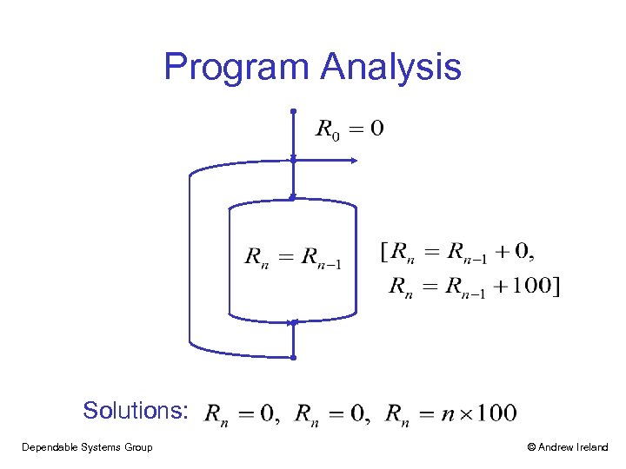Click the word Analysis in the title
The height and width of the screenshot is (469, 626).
tap(390, 68)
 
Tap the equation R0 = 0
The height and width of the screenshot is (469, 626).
tap(349, 130)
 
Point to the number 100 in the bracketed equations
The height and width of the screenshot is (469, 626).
tap(531, 286)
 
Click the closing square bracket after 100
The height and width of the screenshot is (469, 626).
tap(556, 286)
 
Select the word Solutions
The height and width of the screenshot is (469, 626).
tap(135, 410)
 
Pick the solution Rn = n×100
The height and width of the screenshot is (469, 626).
tap(451, 413)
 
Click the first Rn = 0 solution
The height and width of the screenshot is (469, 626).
tap(242, 413)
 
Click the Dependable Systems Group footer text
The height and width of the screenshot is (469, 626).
tap(87, 447)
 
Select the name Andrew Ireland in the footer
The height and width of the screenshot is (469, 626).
tap(574, 447)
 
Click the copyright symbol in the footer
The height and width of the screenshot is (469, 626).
tap(531, 447)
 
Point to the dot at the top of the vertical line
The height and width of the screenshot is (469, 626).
tap(294, 111)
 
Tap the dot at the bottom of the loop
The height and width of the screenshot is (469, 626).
tap(294, 357)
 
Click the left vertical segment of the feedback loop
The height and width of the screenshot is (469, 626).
tap(190, 261)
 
